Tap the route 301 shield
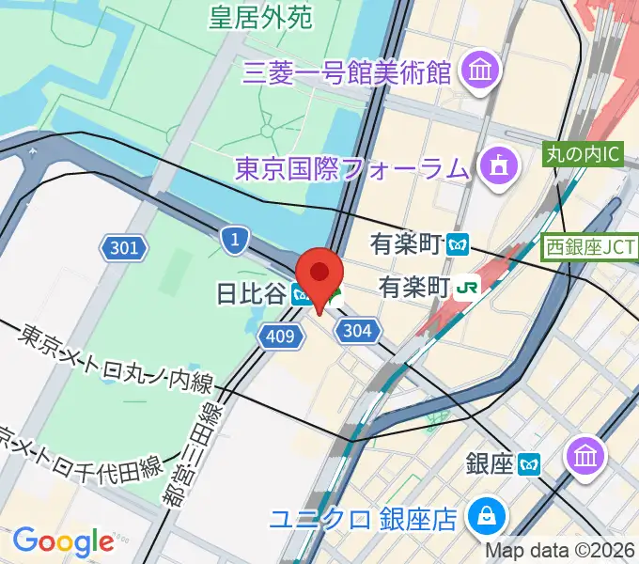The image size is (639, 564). tap(125, 248)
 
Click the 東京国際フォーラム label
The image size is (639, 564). tap(352, 169)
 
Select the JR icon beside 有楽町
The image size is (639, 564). tap(464, 286)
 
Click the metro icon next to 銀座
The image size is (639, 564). tap(532, 462)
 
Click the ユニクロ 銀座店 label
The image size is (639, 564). tap(387, 517)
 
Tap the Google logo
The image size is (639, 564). tap(63, 540)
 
